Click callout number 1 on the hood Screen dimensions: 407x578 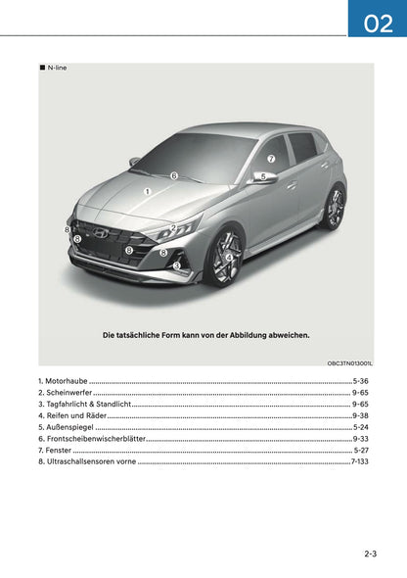click(x=147, y=192)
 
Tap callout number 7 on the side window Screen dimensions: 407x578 click(x=271, y=159)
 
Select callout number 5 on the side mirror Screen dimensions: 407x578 click(x=263, y=176)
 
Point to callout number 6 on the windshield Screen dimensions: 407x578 click(x=174, y=176)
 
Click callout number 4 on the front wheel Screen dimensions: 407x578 click(x=229, y=258)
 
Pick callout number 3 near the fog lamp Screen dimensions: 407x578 click(x=177, y=265)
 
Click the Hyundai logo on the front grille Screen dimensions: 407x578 click(x=101, y=233)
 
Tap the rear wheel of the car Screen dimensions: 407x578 click(x=335, y=208)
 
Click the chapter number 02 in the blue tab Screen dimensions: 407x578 click(x=378, y=23)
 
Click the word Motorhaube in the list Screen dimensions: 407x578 click(x=66, y=379)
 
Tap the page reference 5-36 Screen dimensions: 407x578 click(x=360, y=379)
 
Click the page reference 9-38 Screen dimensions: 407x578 click(x=360, y=415)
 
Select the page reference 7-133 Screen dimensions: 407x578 click(x=359, y=460)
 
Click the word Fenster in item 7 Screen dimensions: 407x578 click(x=58, y=450)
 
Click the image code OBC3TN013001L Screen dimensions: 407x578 click(x=349, y=362)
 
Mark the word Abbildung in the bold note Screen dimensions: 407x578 click(x=245, y=335)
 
